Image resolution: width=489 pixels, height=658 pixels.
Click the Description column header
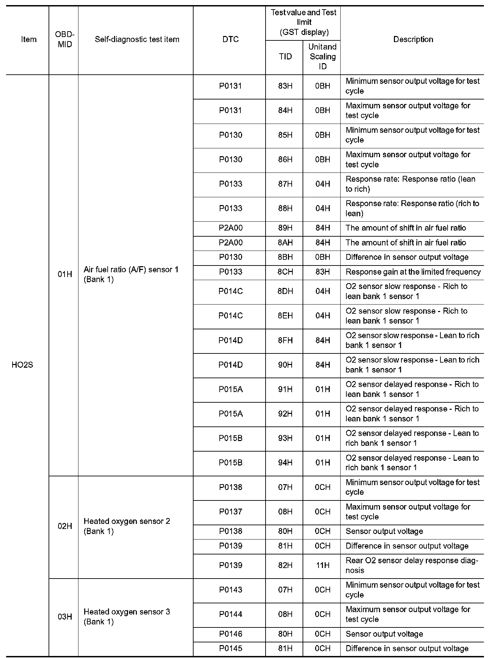[413, 39]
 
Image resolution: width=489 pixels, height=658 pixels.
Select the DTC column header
[231, 39]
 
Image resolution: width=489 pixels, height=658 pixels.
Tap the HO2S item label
[22, 365]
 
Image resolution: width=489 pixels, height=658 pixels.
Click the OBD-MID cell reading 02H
[65, 526]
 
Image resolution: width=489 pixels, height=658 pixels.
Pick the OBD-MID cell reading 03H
[65, 617]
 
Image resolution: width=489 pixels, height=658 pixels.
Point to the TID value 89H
[285, 228]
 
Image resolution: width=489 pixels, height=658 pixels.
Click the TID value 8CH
[285, 272]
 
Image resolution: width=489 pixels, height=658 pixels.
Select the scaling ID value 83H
[322, 272]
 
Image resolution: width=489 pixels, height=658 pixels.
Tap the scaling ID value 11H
[322, 565]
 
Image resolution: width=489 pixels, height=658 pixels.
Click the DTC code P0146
[231, 634]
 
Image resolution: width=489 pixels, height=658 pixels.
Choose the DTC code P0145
[231, 648]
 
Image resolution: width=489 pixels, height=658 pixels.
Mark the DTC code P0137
[231, 512]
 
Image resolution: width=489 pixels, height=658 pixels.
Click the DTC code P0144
[231, 614]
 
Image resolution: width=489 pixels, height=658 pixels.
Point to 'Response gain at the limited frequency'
[413, 272]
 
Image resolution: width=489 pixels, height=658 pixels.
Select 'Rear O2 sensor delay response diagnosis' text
[412, 565]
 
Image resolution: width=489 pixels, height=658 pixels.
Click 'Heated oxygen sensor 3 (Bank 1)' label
[127, 617]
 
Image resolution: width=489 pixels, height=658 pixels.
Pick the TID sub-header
[285, 56]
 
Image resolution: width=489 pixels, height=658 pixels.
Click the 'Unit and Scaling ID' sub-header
[322, 56]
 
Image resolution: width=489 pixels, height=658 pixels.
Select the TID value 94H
[285, 463]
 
